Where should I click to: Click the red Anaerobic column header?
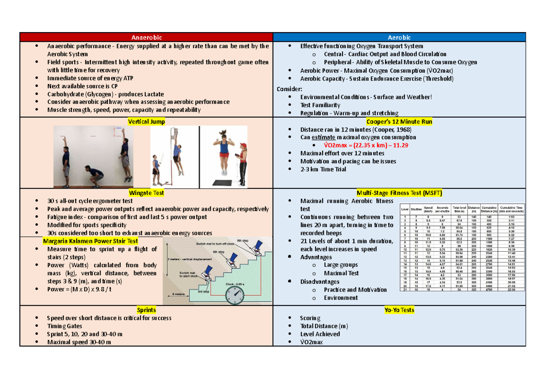point(147,37)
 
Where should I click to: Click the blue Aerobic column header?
point(399,37)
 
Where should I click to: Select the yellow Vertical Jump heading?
point(146,121)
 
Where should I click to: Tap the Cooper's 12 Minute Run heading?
point(399,121)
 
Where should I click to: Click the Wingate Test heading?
point(146,193)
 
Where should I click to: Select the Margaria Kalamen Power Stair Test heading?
point(90,241)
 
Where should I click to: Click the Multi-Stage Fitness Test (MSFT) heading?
point(399,193)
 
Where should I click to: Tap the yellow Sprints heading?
point(146,310)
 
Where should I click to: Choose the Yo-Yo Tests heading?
point(399,310)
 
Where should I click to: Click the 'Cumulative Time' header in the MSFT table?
point(512,209)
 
